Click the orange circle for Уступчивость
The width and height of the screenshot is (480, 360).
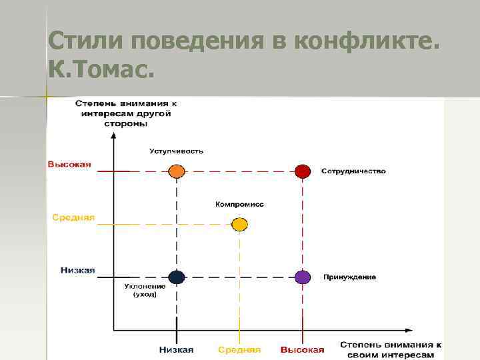coord(176,171)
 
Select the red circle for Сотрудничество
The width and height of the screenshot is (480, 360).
coord(303,171)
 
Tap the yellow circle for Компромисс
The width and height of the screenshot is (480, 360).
coord(239,224)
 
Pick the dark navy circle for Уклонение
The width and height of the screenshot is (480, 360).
coord(176,277)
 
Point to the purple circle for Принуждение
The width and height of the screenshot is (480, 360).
coord(303,277)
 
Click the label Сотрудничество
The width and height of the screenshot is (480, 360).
coord(353,171)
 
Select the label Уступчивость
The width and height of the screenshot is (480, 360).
coord(176,151)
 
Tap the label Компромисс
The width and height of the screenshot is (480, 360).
coord(239,204)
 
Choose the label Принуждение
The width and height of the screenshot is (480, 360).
coord(349,277)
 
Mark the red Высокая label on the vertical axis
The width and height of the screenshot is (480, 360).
coord(69,165)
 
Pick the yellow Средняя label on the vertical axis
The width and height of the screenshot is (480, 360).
coord(74,217)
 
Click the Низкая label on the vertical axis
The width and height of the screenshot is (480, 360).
coord(77,270)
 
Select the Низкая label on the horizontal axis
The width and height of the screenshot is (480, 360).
coord(176,349)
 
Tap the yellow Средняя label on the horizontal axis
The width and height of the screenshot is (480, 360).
coord(239,349)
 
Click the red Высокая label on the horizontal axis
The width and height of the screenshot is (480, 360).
coord(302,349)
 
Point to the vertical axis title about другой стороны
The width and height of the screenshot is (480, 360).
coord(126,113)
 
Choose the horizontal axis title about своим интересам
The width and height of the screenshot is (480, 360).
coord(391,349)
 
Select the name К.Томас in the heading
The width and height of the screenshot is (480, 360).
coord(100,67)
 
